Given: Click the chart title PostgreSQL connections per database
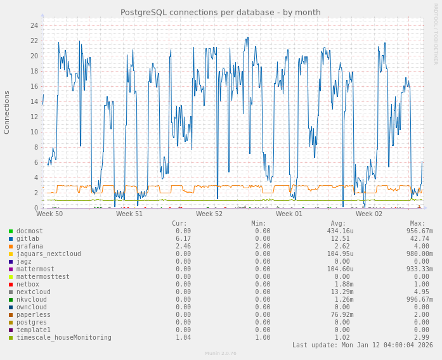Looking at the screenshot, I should click(x=221, y=13).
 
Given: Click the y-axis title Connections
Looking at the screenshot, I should click(x=7, y=112).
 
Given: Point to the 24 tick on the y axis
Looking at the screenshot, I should click(x=34, y=26).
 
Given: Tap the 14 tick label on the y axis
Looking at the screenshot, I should click(x=34, y=102).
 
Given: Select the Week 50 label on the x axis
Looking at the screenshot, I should click(x=49, y=214).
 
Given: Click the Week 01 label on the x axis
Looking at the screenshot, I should click(x=289, y=214).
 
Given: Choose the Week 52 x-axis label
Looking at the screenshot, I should click(x=209, y=214).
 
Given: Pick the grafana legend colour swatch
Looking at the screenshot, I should click(x=11, y=247).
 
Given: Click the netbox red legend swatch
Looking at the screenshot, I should click(x=11, y=285).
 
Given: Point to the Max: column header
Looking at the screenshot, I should click(x=417, y=224).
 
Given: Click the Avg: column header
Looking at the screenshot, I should click(x=338, y=224).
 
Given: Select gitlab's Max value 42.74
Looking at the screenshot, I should click(x=420, y=239).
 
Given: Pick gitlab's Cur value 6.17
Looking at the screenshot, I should click(x=183, y=239).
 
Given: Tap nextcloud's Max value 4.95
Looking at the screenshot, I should click(x=422, y=292).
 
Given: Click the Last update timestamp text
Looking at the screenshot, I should click(x=362, y=345).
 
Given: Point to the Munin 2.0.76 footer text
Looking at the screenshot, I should click(x=221, y=354).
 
